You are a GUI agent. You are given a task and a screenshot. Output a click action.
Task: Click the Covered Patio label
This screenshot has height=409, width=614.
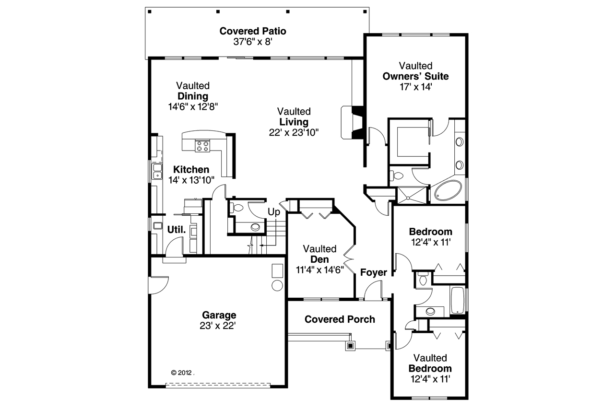click(253, 31)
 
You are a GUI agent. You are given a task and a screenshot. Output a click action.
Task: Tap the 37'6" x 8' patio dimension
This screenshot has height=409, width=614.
click(253, 42)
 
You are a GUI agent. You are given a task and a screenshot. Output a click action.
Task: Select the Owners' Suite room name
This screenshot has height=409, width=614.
click(415, 76)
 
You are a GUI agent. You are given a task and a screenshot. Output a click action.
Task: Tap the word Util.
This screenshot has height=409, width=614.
click(177, 230)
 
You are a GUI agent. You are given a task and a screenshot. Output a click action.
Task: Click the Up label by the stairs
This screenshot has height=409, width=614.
click(274, 211)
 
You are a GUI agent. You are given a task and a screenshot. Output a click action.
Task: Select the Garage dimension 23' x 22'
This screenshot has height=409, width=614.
click(219, 326)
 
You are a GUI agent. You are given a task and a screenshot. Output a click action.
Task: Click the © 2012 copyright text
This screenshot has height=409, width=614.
click(182, 372)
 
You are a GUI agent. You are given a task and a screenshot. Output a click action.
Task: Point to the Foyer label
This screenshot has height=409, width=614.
click(374, 273)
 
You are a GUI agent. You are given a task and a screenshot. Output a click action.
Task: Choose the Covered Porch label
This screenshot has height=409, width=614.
click(340, 319)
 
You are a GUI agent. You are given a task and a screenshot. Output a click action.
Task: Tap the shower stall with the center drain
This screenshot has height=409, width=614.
click(410, 196)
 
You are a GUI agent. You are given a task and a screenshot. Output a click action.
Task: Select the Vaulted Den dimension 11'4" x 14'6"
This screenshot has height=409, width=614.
click(320, 270)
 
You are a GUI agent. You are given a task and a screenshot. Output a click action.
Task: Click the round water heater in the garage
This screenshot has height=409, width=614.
click(277, 286)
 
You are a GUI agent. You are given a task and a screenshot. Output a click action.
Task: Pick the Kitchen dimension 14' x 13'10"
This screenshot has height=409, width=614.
click(191, 180)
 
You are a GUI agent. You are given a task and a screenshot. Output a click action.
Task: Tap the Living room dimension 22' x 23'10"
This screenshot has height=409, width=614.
click(294, 132)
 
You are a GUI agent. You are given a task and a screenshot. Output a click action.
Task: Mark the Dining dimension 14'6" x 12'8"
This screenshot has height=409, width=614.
click(193, 107)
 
